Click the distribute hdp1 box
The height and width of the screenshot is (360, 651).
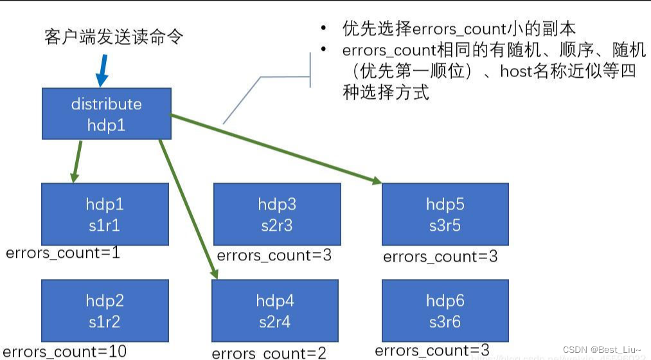[106, 114]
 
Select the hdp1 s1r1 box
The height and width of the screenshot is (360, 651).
[105, 214]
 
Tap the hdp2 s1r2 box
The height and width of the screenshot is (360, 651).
[105, 310]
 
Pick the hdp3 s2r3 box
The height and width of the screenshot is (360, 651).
[277, 214]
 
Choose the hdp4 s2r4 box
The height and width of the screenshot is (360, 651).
[275, 310]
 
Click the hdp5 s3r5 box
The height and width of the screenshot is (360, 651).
[445, 214]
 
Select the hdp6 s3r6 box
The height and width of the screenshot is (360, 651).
[445, 310]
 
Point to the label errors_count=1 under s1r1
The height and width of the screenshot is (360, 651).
[62, 253]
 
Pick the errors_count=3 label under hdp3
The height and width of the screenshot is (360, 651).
[274, 255]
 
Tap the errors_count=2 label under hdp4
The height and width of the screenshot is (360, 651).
[269, 353]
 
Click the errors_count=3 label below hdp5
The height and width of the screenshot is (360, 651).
[440, 257]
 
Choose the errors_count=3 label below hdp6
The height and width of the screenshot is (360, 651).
[432, 350]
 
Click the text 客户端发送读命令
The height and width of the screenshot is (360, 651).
[114, 36]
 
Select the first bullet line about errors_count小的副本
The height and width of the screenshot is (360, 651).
[458, 29]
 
